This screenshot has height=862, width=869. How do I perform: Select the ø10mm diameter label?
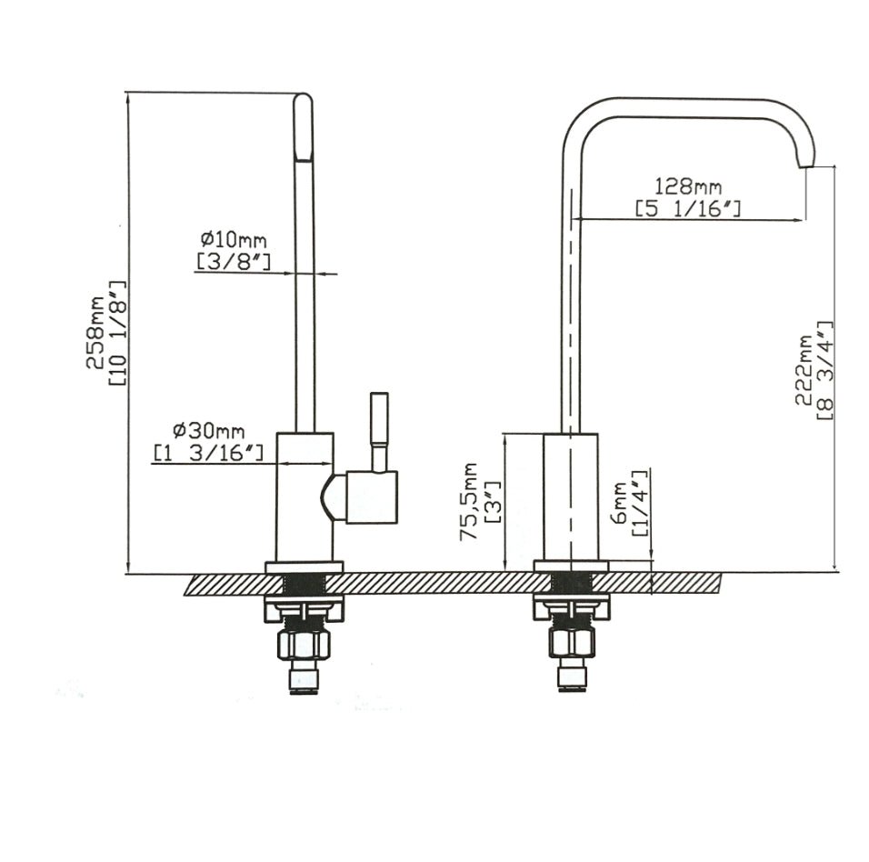(x=234, y=240)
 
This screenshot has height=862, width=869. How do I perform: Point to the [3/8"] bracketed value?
(x=233, y=262)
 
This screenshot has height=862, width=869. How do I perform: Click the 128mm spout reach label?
(x=688, y=187)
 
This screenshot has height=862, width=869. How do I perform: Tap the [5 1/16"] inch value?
(x=688, y=209)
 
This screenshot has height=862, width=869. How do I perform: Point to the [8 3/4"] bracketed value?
(x=824, y=369)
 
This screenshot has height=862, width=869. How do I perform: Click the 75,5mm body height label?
(x=469, y=501)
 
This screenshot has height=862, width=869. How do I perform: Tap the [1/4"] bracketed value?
(x=641, y=503)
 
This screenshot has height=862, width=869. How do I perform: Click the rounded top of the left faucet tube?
(x=304, y=102)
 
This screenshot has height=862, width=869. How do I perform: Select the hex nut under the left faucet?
(x=305, y=644)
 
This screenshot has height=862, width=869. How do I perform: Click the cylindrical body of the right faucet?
(x=570, y=496)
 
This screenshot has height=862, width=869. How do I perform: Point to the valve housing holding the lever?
(x=370, y=497)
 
